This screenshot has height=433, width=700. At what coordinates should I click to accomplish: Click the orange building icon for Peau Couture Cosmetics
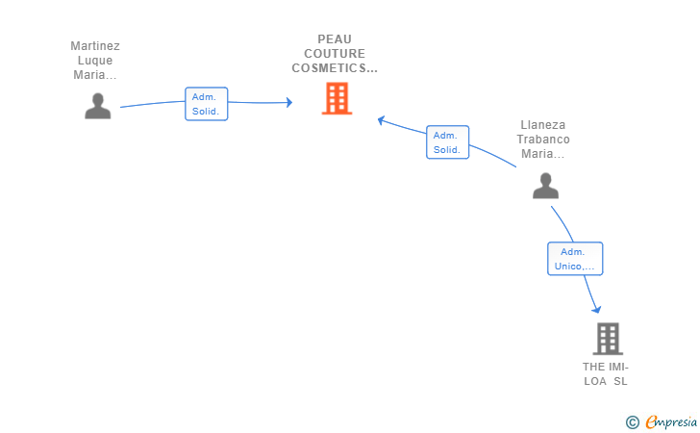point(337,98)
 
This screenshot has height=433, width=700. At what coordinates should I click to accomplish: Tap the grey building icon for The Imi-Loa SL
point(608,339)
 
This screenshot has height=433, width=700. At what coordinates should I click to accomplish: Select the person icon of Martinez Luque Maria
point(98,106)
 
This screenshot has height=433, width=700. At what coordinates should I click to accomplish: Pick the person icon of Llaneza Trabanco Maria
point(545,186)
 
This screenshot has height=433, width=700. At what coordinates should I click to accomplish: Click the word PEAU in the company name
point(335,39)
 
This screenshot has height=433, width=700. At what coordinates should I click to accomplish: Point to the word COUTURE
point(335,54)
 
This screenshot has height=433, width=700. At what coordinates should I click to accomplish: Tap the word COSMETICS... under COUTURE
point(335,68)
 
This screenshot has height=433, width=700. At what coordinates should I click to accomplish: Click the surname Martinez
point(95,45)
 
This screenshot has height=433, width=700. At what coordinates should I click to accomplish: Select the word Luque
point(95,60)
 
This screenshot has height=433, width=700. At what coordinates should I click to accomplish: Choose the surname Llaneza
point(543,124)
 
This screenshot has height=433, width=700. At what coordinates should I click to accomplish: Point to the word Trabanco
point(543,139)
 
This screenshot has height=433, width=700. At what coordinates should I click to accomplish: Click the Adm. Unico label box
point(575,259)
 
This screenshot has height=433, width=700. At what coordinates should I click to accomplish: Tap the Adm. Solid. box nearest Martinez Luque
point(206,104)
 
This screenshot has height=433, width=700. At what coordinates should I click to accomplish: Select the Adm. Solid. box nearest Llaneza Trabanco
point(447,142)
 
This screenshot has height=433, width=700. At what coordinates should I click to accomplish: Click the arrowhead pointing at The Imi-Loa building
point(597,309)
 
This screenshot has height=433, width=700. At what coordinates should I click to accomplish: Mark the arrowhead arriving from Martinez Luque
point(287,102)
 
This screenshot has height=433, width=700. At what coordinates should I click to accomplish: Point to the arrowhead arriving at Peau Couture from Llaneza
point(382,120)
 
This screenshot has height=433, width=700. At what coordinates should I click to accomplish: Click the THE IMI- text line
point(605,367)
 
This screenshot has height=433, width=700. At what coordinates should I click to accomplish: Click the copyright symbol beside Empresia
point(632,421)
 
